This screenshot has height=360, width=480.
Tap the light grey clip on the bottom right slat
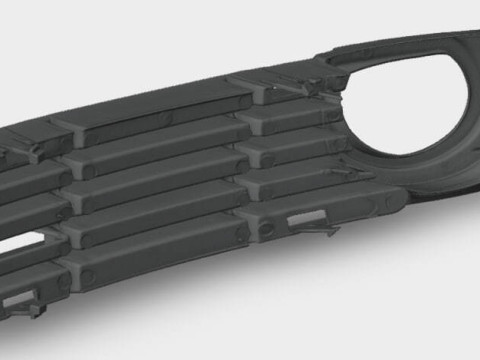click(307, 218)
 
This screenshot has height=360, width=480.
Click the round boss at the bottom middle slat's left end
click(90, 271)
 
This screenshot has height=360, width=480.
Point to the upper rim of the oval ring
click(410, 45)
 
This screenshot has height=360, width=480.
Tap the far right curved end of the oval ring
click(474, 100)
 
